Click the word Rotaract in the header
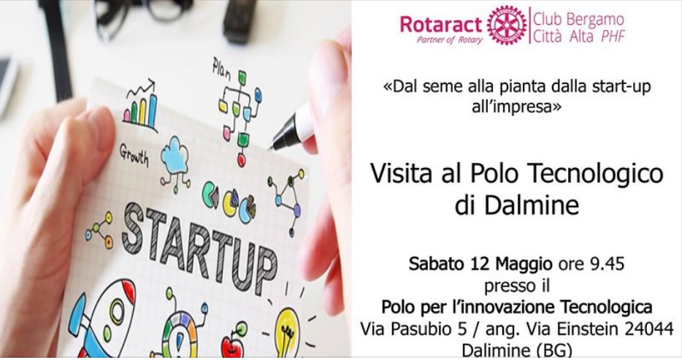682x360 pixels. click(x=441, y=24)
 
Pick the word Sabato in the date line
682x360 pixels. click(x=437, y=262)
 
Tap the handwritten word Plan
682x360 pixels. click(x=221, y=69)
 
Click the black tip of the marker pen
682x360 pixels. click(x=276, y=143)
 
